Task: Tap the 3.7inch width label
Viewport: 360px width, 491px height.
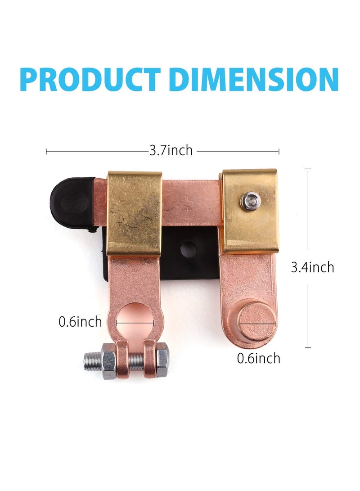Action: [171, 151]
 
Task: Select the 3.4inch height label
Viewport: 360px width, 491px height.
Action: [312, 267]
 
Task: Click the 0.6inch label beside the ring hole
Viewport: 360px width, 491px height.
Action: [80, 322]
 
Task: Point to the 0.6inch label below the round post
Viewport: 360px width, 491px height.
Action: [258, 358]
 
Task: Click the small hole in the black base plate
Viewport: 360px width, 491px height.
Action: [188, 249]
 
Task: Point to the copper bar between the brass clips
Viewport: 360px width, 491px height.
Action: [191, 203]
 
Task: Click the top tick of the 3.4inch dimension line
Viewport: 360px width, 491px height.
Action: [308, 169]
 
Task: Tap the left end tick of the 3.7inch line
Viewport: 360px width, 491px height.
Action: [47, 151]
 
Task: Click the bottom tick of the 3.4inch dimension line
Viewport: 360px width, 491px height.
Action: [308, 347]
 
